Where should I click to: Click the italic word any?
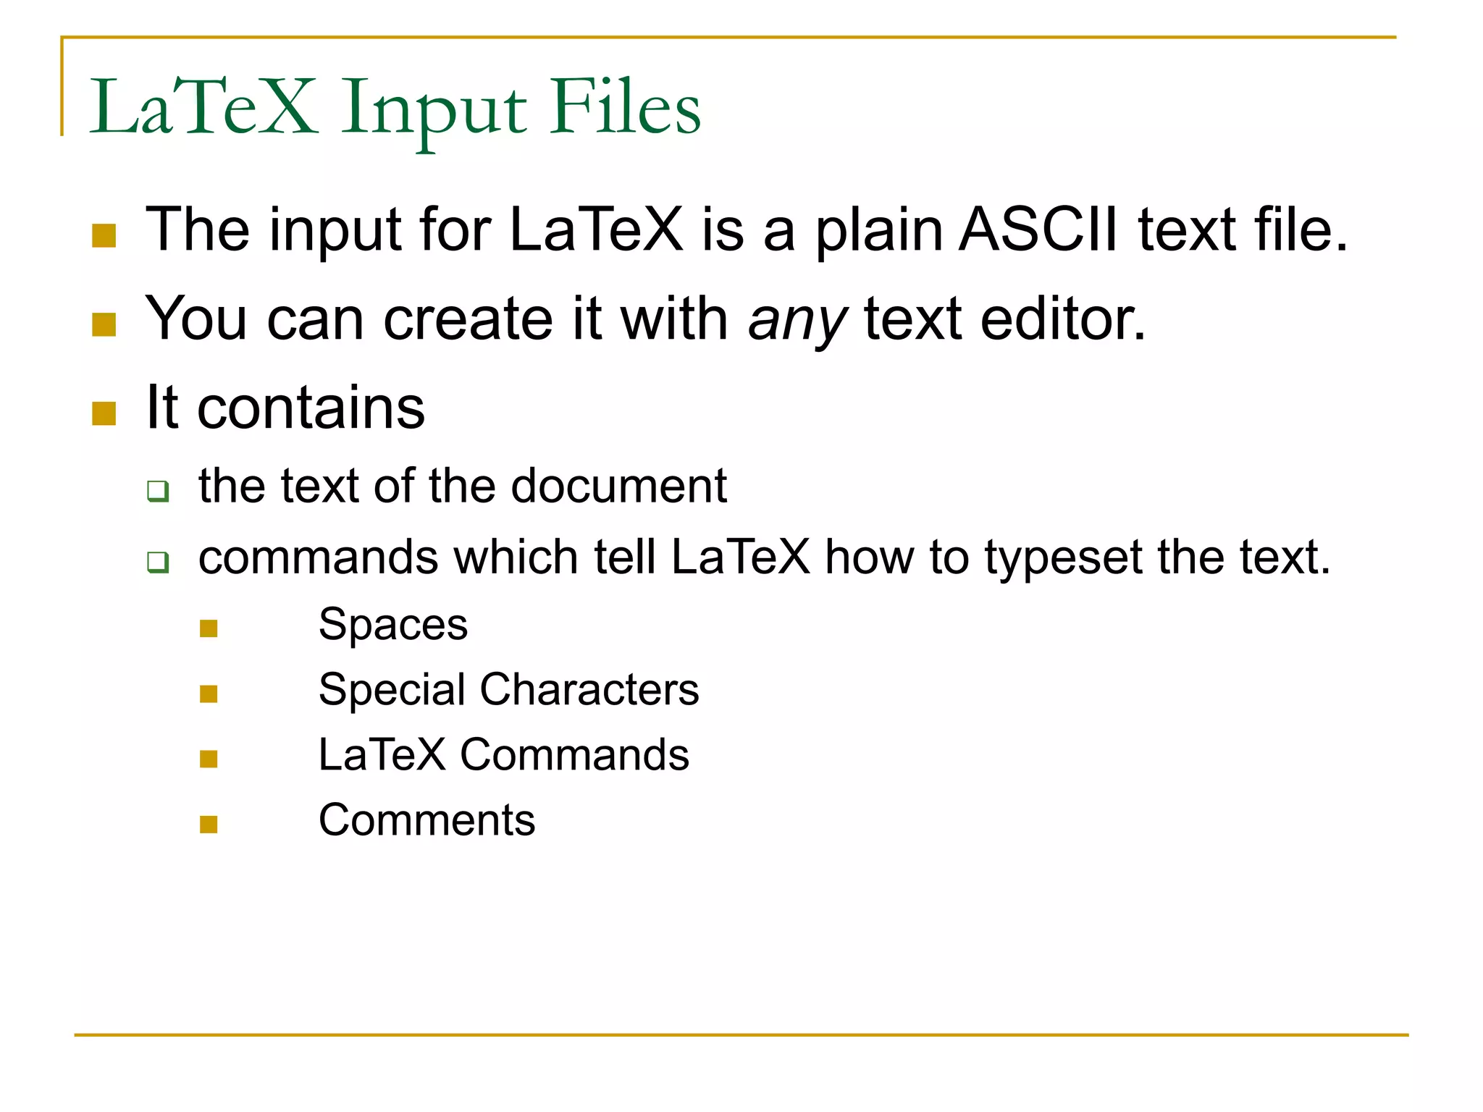coord(797,321)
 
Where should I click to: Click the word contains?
coord(311,408)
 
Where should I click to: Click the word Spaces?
coord(393,625)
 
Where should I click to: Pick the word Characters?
coord(589,689)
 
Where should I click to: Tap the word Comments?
coord(427,820)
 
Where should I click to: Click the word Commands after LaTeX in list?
coord(574,755)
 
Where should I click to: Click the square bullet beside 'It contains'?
coord(104,414)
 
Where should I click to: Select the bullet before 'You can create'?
coord(104,325)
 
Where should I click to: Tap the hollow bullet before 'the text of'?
coord(158,491)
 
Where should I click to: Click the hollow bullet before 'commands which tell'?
coord(158,562)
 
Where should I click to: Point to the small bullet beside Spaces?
coord(209,628)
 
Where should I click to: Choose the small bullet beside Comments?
coord(209,825)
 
